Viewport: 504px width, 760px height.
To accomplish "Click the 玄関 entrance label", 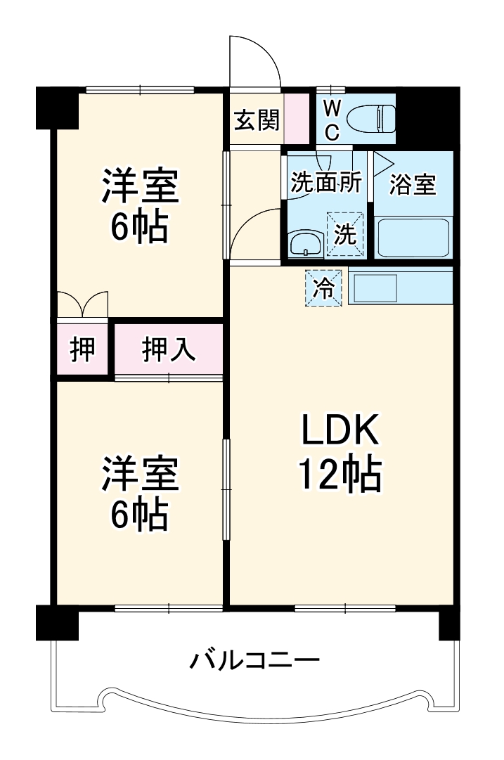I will pos(257,120).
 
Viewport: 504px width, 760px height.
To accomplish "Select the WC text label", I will pos(332,120).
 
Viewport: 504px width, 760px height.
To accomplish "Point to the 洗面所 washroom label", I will pos(326,183).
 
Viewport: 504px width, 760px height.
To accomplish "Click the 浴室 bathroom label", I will pos(413,185).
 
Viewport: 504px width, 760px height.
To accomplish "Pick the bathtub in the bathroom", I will pos(413,238).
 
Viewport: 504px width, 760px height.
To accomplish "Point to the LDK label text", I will pos(341,430).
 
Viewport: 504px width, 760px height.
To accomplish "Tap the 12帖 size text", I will pos(341,475).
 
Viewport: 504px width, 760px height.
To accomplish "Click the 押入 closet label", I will pos(169,349).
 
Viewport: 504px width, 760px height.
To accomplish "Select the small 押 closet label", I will pos(83,349).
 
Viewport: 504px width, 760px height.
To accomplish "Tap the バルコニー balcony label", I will pos(254,660).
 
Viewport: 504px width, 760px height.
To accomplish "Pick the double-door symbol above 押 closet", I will pos(83,304).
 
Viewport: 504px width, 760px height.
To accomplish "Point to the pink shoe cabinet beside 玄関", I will pos(296,118).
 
